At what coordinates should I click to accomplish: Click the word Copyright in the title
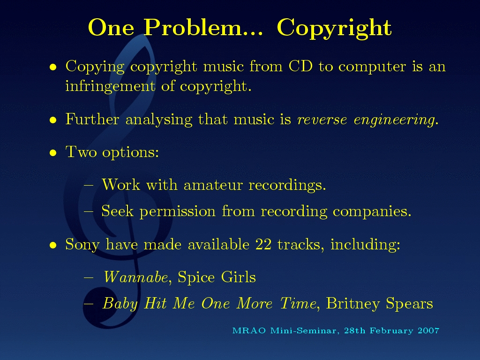point(334,28)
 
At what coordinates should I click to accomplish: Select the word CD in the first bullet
point(300,66)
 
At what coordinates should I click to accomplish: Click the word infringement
point(110,86)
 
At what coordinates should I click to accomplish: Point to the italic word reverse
point(322,120)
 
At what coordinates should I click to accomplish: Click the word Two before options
point(81,151)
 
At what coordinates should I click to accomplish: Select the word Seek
point(117,211)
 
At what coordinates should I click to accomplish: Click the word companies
point(372,212)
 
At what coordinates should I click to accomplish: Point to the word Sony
point(82,245)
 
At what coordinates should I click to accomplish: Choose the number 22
point(263,245)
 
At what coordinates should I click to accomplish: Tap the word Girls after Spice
point(238,277)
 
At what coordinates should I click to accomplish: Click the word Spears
point(409,304)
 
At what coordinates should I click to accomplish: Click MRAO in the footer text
point(249,330)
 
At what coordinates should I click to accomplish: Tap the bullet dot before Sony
point(53,245)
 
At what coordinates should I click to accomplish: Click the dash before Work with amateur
point(89,185)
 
